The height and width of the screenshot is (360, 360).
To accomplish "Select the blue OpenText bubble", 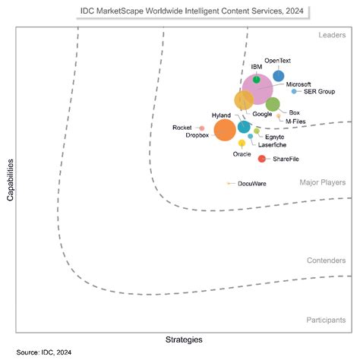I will point(279,76).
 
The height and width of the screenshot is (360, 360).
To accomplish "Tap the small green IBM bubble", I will point(257,79).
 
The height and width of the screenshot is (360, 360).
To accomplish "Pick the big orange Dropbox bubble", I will point(225,130).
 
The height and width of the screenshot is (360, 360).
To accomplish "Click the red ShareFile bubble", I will point(262,159).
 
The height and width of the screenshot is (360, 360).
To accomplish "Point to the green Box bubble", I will point(273,104).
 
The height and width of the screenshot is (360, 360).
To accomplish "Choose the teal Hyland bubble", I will point(244,127).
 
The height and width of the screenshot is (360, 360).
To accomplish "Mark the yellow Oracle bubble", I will point(242,143).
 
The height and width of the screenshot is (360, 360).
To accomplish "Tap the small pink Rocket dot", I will point(201,128).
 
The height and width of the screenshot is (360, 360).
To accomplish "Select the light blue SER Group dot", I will point(294,91).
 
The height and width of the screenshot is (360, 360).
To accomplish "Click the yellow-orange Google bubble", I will point(244,100).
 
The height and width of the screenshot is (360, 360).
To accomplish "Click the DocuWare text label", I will point(251,184).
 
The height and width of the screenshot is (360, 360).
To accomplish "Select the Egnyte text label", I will point(273,136).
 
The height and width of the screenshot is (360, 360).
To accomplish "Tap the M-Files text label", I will point(296,121).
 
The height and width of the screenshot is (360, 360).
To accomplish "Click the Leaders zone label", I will point(331,36).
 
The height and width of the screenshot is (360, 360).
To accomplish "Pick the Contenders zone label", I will point(326,261).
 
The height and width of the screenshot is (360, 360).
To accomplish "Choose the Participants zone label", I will point(326,320).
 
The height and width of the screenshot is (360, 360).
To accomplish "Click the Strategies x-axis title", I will point(185,339).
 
